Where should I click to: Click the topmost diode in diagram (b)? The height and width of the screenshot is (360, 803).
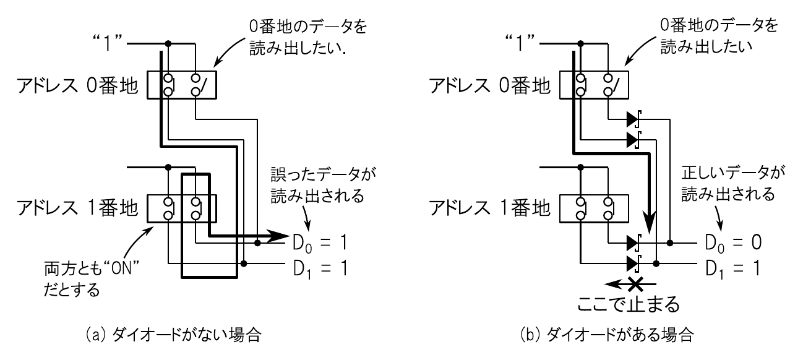pyautogui.click(x=632, y=118)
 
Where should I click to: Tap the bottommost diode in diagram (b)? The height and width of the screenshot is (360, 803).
pyautogui.click(x=632, y=264)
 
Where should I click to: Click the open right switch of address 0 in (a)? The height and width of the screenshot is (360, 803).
pyautogui.click(x=195, y=85)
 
